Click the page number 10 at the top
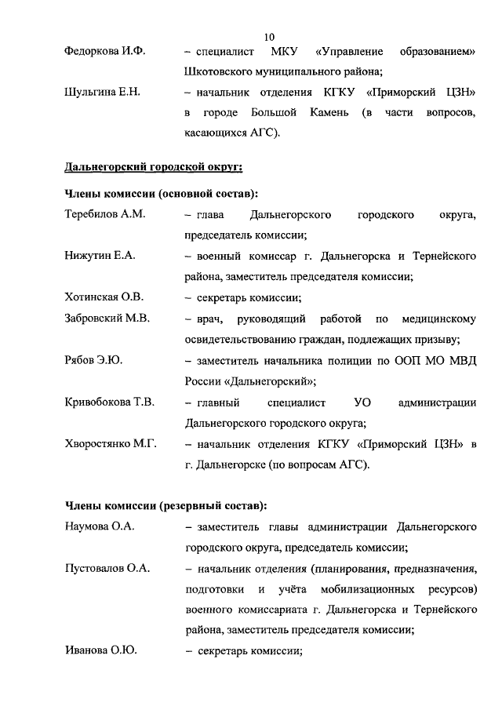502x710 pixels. [270, 37]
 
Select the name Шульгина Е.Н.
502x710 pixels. [102, 93]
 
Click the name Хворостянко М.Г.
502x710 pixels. [111, 444]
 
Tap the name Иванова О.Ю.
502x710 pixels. [101, 650]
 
